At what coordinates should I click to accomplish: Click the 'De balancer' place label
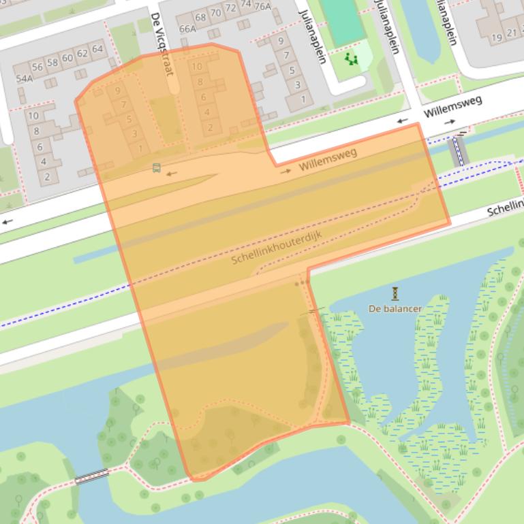point(395,308)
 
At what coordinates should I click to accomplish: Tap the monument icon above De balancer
point(395,293)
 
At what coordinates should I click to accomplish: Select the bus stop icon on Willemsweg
point(157,168)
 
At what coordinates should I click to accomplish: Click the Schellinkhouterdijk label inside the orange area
point(276,247)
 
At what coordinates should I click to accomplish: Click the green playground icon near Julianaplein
point(351,59)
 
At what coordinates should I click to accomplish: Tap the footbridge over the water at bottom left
point(91,476)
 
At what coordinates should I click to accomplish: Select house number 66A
point(187,29)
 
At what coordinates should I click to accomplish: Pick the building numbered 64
point(97,49)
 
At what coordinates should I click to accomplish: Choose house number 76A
point(262,6)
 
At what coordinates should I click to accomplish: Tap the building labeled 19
point(497,37)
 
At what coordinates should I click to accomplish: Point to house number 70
point(215,12)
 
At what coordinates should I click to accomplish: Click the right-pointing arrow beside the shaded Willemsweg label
point(286,171)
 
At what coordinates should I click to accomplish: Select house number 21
point(512,33)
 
